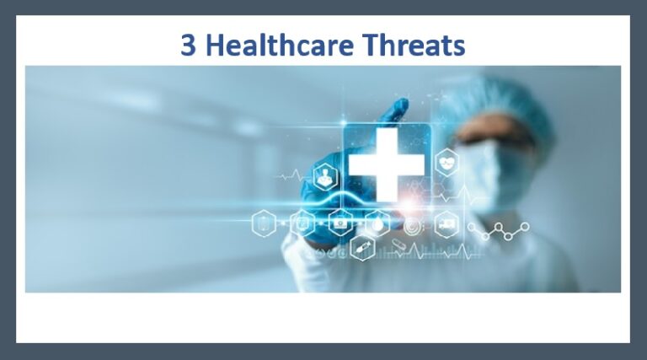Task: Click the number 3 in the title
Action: pyautogui.click(x=191, y=45)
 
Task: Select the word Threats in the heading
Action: pyautogui.click(x=419, y=45)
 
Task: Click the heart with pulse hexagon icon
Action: pyautogui.click(x=446, y=162)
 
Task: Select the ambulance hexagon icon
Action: pyautogui.click(x=446, y=224)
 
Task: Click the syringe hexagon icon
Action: pyautogui.click(x=362, y=248)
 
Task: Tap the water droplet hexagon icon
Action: pyautogui.click(x=378, y=224)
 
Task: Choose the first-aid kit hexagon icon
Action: pyautogui.click(x=339, y=224)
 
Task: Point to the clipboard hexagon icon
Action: pyautogui.click(x=265, y=224)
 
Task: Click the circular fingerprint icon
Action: pyautogui.click(x=412, y=226)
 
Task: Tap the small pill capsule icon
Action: pyautogui.click(x=398, y=248)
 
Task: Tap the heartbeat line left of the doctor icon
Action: pyautogui.click(x=290, y=178)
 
